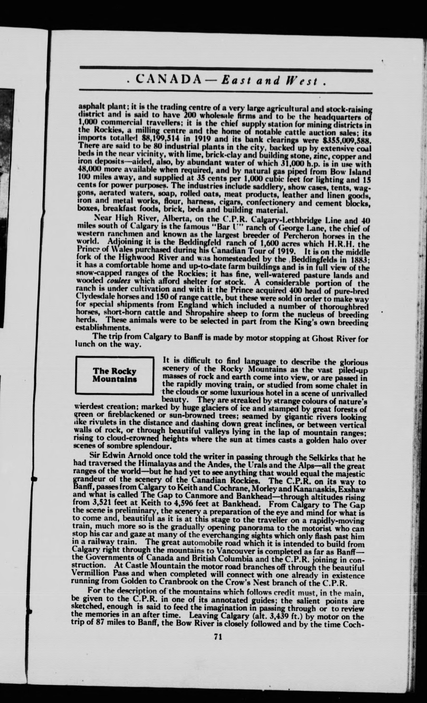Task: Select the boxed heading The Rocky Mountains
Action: [114, 375]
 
